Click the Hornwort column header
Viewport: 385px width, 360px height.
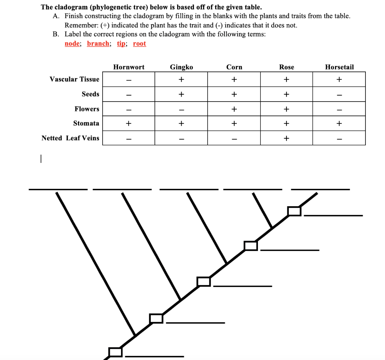pos(129,67)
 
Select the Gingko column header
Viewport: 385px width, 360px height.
pos(181,67)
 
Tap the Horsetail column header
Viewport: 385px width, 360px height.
pos(339,67)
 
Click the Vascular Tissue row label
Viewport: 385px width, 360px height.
pos(74,79)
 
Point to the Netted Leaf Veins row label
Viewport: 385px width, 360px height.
pos(70,138)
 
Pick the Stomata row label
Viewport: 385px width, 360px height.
pos(86,123)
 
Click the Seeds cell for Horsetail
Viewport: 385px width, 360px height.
pos(339,94)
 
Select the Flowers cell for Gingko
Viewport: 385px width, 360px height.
pos(181,109)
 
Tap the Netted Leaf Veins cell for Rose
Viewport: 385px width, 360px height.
pos(286,138)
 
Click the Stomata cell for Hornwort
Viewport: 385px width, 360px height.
pos(129,123)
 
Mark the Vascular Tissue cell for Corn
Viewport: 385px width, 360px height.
pos(234,79)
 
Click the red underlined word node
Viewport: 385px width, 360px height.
pos(72,44)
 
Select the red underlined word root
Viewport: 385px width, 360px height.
pos(139,44)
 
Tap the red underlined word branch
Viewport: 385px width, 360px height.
pos(98,44)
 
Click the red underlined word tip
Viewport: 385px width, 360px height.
pos(121,44)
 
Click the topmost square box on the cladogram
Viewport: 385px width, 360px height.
pos(294,211)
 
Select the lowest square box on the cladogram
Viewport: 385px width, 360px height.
pos(115,352)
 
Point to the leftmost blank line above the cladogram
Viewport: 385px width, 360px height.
pos(58,189)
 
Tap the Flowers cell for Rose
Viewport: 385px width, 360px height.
pos(286,109)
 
